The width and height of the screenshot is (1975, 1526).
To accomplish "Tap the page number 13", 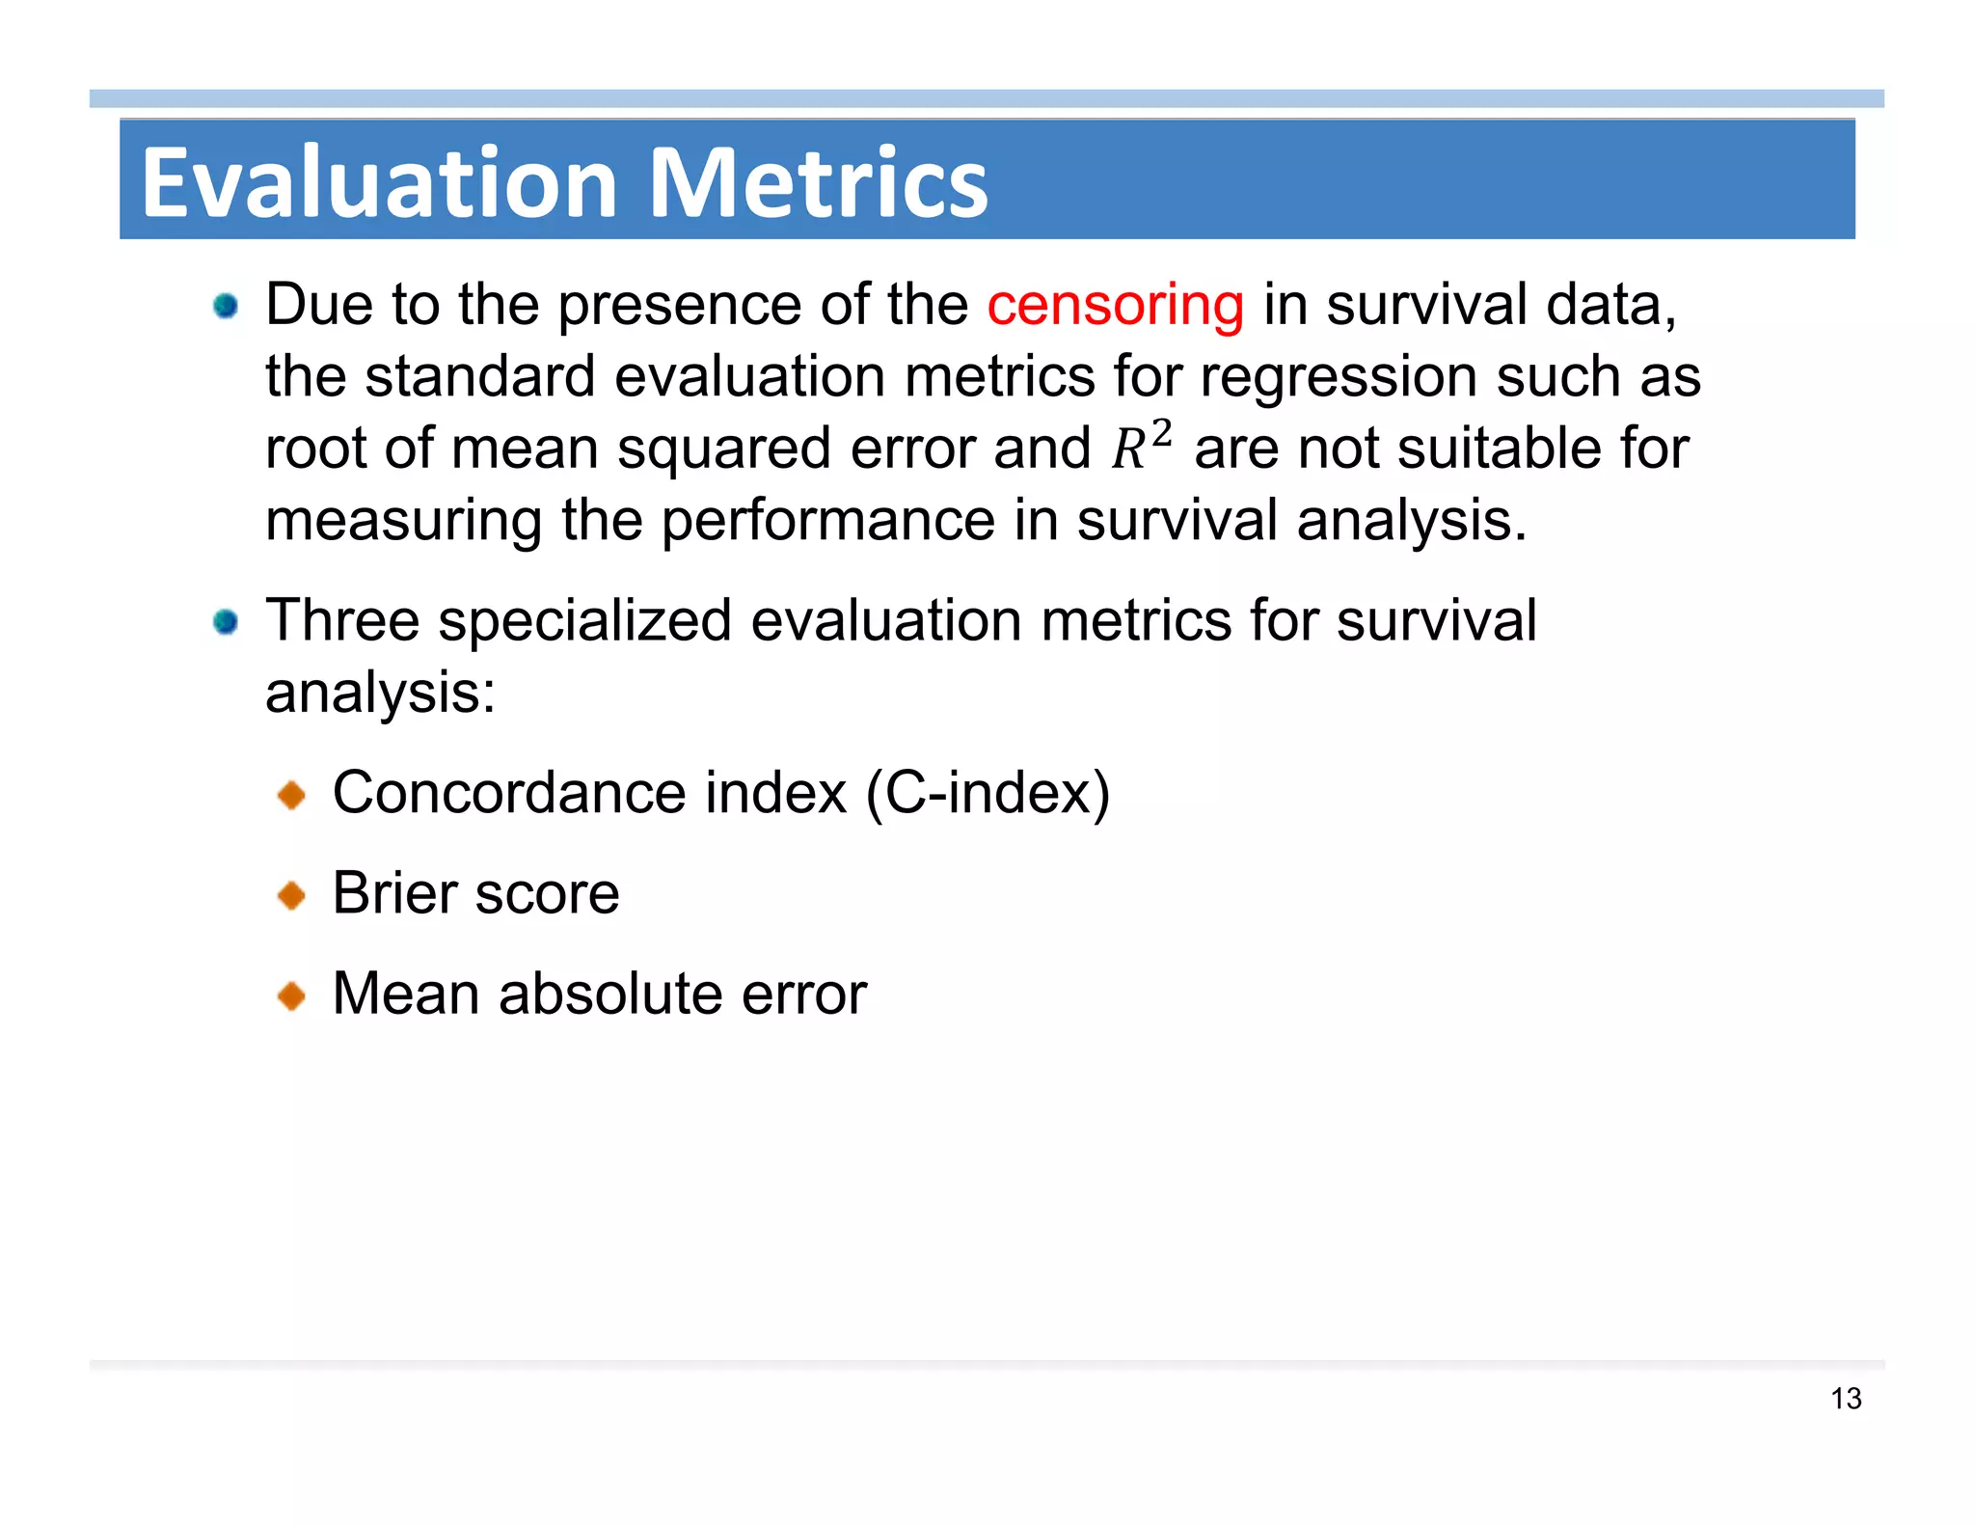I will click(1846, 1399).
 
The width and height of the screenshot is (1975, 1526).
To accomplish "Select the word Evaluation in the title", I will click(379, 182).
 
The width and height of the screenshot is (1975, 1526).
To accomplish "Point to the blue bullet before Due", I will click(226, 307).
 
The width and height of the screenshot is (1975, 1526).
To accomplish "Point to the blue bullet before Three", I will click(226, 622).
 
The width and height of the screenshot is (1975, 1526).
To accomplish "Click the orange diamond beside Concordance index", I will click(290, 796).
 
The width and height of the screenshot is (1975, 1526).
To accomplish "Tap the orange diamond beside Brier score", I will click(290, 896).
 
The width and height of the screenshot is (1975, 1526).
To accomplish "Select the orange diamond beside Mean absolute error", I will click(290, 995).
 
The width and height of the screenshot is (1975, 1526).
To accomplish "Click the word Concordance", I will click(509, 793).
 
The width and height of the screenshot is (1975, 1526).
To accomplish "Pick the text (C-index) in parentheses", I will click(987, 793).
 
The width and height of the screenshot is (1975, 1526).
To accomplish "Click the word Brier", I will click(394, 893).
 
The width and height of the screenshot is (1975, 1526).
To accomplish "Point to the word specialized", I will click(584, 620).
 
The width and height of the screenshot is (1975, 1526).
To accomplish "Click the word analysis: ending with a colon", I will click(380, 693).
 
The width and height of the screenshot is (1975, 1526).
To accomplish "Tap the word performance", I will click(827, 522).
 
